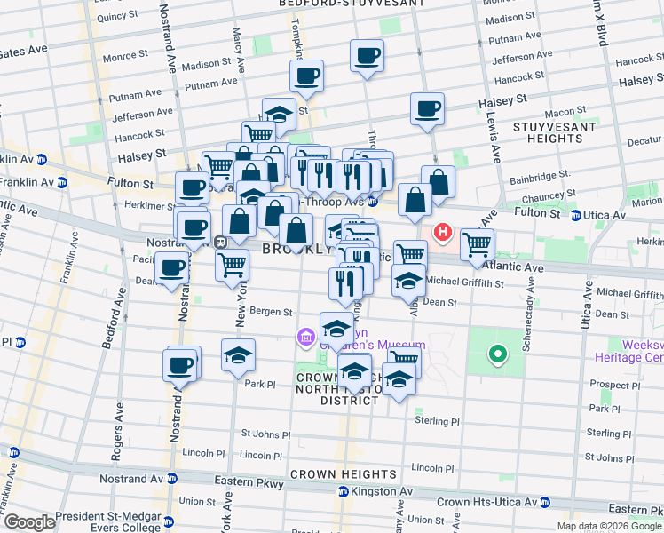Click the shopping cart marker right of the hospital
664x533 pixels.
tap(478, 243)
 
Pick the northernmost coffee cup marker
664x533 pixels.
tap(367, 56)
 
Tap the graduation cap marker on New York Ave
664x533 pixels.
tap(238, 355)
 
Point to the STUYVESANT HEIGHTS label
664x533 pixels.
tap(548, 132)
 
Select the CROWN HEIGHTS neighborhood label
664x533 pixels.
tap(342, 474)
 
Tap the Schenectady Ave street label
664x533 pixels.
tap(527, 315)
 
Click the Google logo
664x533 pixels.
tap(29, 523)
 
